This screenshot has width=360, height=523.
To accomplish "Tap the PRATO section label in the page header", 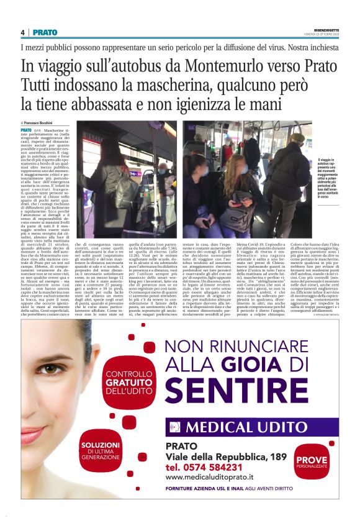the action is (45, 32).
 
